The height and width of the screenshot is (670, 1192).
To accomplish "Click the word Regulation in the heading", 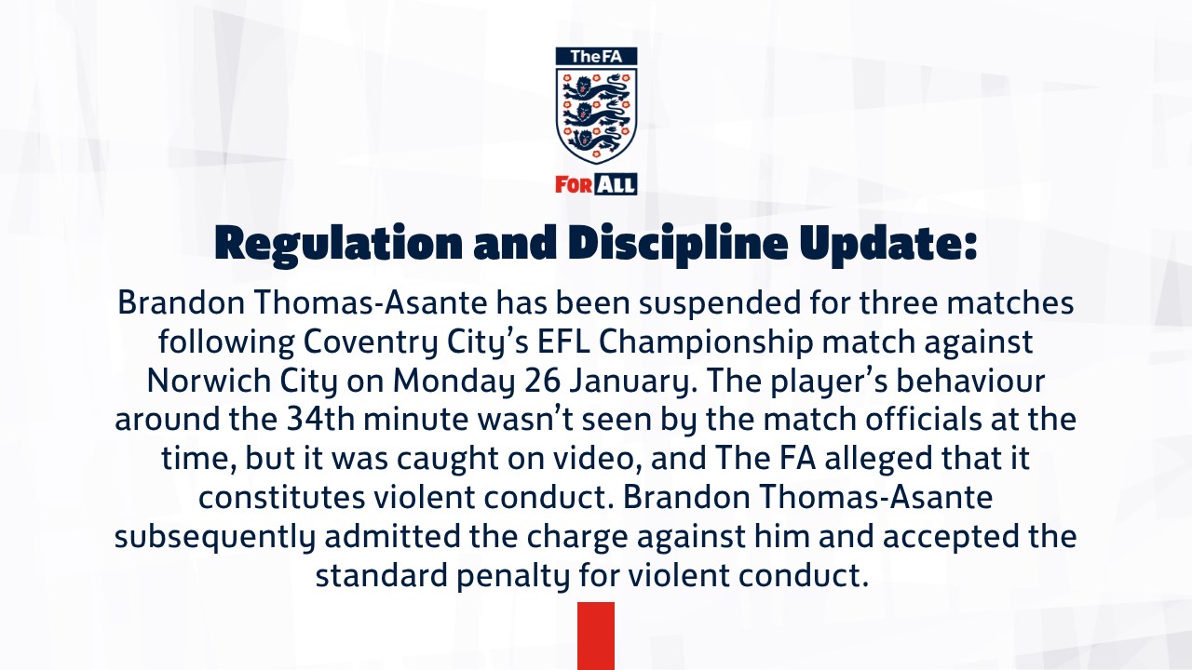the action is click(x=338, y=244).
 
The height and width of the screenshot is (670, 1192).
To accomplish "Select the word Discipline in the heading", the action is click(x=677, y=244).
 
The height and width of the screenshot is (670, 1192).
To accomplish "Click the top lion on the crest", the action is click(x=596, y=87).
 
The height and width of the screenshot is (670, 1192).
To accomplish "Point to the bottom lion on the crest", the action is click(x=596, y=140).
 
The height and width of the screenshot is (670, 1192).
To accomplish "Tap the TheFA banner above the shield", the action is click(x=596, y=57).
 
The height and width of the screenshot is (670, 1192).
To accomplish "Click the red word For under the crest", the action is click(x=574, y=184).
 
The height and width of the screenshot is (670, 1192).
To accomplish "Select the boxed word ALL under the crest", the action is click(x=616, y=184).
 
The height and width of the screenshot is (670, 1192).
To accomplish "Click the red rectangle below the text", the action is click(x=596, y=636).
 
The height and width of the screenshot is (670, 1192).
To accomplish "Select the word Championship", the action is click(x=706, y=342).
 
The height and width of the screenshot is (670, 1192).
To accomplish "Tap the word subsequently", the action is click(x=215, y=537).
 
